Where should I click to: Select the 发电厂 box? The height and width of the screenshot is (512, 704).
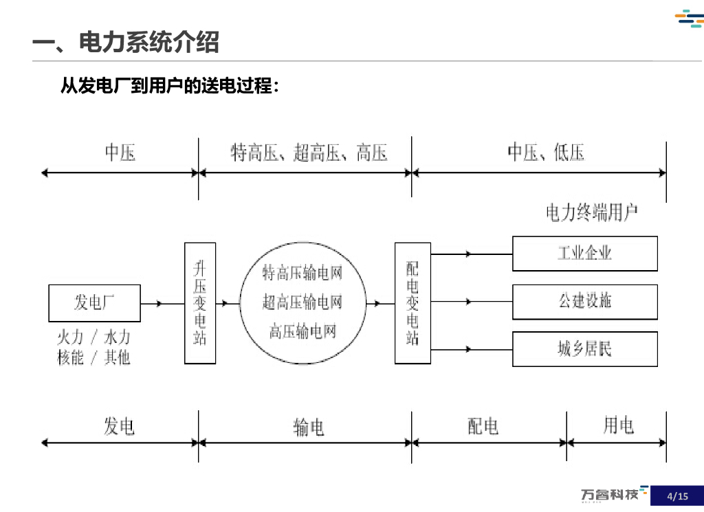pyautogui.click(x=94, y=303)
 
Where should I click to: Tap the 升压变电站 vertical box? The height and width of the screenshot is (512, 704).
pyautogui.click(x=200, y=303)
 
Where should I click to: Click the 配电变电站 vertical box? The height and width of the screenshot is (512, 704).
pyautogui.click(x=412, y=303)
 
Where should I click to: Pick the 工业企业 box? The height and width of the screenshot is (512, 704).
pyautogui.click(x=584, y=253)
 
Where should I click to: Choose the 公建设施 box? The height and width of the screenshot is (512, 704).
pyautogui.click(x=584, y=302)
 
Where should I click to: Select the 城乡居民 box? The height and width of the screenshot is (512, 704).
pyautogui.click(x=584, y=349)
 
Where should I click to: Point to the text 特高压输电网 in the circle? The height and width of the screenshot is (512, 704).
pyautogui.click(x=302, y=274)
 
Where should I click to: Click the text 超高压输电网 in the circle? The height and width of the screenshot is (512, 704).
pyautogui.click(x=302, y=302)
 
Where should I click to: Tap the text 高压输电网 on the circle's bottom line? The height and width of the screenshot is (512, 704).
pyautogui.click(x=302, y=332)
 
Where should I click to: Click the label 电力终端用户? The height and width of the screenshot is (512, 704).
pyautogui.click(x=591, y=213)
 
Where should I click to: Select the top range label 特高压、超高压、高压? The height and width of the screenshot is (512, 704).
pyautogui.click(x=309, y=153)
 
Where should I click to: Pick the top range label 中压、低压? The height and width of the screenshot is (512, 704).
pyautogui.click(x=546, y=153)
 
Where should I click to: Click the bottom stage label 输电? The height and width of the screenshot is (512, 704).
pyautogui.click(x=309, y=427)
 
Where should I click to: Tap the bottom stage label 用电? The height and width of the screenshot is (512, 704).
pyautogui.click(x=618, y=426)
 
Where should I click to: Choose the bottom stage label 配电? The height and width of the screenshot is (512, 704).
pyautogui.click(x=483, y=427)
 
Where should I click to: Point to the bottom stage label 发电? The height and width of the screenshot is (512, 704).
pyautogui.click(x=120, y=426)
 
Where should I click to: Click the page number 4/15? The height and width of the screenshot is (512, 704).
pyautogui.click(x=677, y=496)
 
